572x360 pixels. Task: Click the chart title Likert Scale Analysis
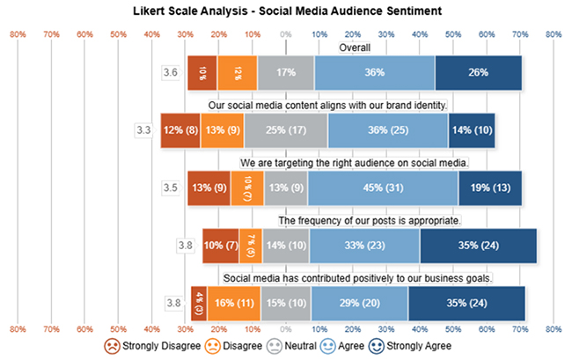(285, 11)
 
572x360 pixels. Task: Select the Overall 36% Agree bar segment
(374, 72)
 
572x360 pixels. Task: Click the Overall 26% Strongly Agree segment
(478, 72)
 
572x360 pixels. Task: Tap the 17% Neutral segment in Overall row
(285, 72)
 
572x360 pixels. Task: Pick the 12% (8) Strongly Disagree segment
(180, 130)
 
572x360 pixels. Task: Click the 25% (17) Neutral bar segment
(286, 130)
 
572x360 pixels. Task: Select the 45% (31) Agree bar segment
(383, 187)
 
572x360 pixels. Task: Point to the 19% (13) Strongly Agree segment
(490, 187)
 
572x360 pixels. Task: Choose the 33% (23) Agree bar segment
(364, 246)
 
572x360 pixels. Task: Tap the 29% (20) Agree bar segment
(359, 303)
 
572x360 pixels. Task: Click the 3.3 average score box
(144, 130)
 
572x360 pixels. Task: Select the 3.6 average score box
(172, 72)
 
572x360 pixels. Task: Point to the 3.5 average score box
(172, 187)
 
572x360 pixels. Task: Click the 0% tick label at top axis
(285, 34)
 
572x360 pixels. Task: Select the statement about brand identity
(328, 106)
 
